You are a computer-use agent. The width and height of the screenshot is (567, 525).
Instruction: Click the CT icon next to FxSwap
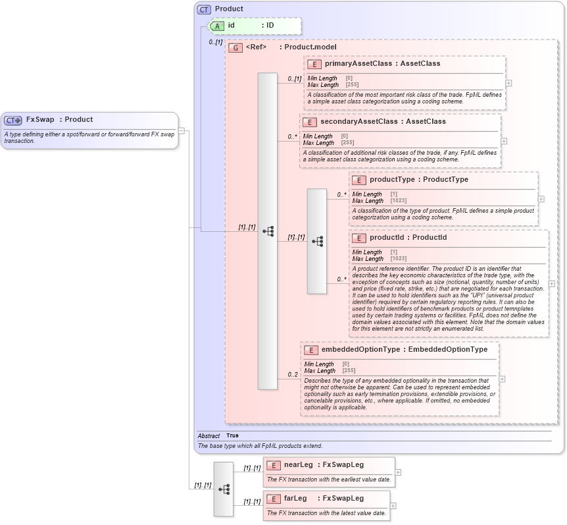tap(13, 120)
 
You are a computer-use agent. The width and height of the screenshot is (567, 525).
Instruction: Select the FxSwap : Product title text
tap(59, 120)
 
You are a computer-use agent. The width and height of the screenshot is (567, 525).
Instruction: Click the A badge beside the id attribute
tap(217, 26)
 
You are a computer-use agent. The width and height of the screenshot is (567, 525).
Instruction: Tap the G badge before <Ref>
tap(235, 47)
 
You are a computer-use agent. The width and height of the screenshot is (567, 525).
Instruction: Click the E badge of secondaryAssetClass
tap(310, 122)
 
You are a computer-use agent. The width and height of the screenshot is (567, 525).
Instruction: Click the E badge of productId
tap(358, 238)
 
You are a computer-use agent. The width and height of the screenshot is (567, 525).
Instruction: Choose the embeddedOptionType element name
tap(360, 350)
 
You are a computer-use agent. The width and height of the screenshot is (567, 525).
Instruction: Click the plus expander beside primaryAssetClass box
tap(509, 83)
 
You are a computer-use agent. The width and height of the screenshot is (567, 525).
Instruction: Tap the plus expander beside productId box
tap(552, 284)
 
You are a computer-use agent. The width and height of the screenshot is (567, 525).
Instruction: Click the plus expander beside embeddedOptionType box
tap(503, 379)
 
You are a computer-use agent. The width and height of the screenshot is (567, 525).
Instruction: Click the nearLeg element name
tap(298, 465)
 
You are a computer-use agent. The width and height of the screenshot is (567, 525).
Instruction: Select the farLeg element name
tap(296, 499)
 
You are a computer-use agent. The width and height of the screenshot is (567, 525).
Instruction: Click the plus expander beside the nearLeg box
tap(398, 472)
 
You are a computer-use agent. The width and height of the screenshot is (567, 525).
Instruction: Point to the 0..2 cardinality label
tap(292, 375)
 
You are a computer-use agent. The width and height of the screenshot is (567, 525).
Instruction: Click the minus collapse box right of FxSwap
tap(182, 130)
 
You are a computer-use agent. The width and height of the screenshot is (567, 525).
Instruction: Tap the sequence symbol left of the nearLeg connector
tap(224, 489)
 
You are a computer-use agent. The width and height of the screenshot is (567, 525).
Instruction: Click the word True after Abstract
tap(233, 436)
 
